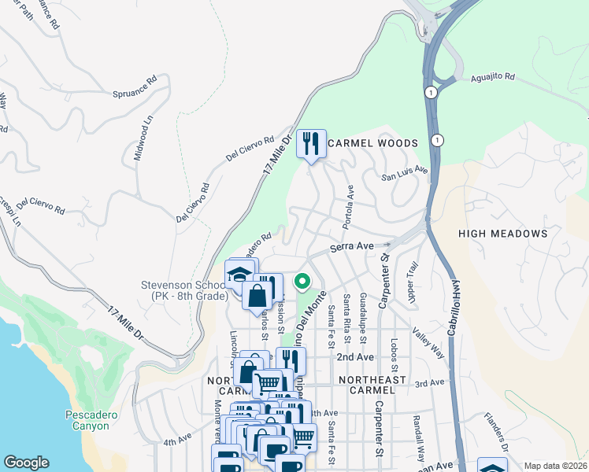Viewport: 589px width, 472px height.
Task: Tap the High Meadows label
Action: coord(502,234)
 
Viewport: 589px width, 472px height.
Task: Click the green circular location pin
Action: coord(302,280)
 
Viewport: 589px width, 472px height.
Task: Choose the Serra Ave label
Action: coord(351,246)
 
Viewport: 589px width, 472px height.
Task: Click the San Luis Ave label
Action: coord(405,172)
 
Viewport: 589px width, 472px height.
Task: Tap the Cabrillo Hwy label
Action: coord(454,308)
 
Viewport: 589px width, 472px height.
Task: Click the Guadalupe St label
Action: coord(362,318)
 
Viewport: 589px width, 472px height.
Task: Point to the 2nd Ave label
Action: coord(354,356)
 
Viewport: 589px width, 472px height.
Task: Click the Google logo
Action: coord(26,463)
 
